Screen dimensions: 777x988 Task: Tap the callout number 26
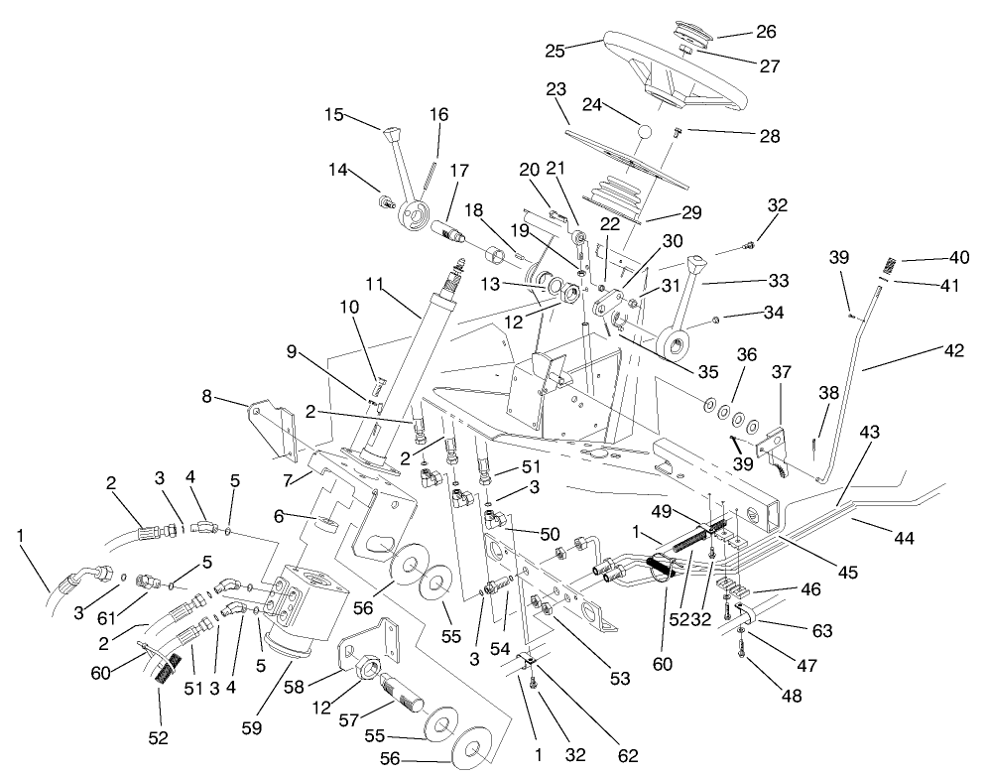(766, 32)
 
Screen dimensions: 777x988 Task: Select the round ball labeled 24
(643, 131)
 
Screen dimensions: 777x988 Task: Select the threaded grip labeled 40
(895, 267)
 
